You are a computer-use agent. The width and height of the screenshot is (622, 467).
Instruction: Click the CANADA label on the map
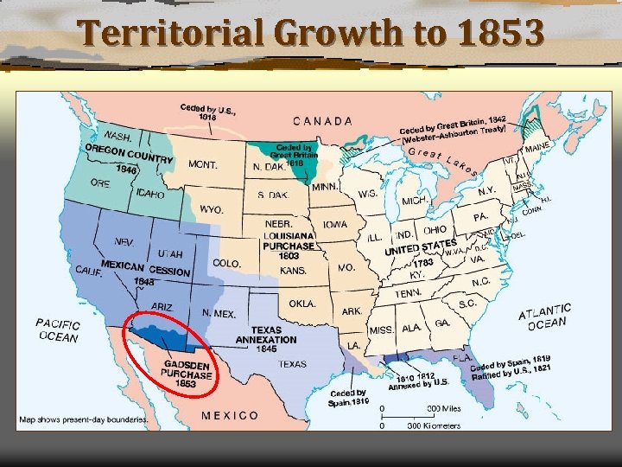point(322,121)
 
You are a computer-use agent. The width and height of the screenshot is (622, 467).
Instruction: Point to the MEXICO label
point(230,415)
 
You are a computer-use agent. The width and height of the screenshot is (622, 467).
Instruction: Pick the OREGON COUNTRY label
point(129,156)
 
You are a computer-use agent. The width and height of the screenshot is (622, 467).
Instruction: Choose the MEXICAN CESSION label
point(145,268)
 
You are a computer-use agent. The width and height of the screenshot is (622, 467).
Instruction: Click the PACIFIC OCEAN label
point(59,329)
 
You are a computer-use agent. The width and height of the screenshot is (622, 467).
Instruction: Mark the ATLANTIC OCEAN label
point(545,316)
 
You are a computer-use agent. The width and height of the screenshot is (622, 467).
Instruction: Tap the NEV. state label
point(124,241)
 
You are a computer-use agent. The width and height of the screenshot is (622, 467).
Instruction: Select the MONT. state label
point(204,164)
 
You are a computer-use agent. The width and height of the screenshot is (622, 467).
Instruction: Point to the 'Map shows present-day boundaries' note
point(84,420)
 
